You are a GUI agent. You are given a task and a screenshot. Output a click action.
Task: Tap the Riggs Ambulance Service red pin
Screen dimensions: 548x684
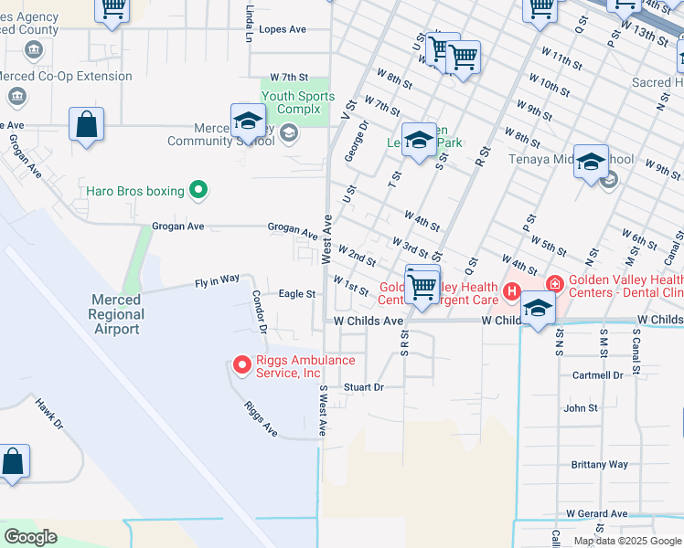(x=242, y=366)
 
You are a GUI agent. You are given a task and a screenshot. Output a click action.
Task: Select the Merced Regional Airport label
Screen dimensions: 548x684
(x=116, y=314)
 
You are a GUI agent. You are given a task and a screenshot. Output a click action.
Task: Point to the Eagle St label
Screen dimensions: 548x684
(x=296, y=294)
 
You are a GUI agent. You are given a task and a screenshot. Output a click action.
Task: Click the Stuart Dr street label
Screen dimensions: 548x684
(x=363, y=387)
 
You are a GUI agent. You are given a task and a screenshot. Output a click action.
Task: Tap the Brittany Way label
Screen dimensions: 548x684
(x=599, y=464)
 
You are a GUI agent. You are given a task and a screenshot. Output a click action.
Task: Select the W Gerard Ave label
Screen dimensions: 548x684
(x=596, y=514)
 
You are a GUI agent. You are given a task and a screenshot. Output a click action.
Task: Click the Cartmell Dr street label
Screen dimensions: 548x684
(x=597, y=375)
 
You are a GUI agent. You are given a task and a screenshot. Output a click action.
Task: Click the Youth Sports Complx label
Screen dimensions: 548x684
(x=297, y=103)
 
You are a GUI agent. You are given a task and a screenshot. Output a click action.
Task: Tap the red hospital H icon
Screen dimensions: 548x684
(x=512, y=292)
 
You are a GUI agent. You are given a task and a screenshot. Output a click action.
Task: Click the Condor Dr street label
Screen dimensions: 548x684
(x=260, y=312)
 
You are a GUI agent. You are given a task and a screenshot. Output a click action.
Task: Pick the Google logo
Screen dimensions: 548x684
(x=30, y=537)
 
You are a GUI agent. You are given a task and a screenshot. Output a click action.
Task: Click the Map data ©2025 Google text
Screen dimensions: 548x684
(x=627, y=541)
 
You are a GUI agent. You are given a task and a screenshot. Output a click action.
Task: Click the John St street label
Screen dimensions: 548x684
(x=581, y=408)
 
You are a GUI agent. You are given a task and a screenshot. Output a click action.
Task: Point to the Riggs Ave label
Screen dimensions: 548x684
(x=261, y=417)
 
